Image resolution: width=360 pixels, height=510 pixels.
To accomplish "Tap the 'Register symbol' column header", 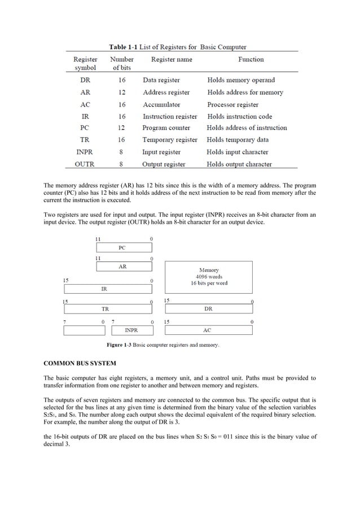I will pyautogui.click(x=85, y=63).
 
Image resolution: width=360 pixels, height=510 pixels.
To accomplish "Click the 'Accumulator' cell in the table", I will pyautogui.click(x=161, y=104).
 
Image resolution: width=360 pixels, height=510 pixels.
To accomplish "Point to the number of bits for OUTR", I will pyautogui.click(x=121, y=164).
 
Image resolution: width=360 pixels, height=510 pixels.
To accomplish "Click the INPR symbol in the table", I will pyautogui.click(x=85, y=152).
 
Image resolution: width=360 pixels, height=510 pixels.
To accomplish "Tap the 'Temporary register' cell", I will pyautogui.click(x=170, y=140).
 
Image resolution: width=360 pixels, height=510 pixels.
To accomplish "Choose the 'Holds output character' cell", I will pyautogui.click(x=239, y=164).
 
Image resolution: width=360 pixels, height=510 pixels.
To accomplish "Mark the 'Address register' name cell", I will pyautogui.click(x=166, y=93).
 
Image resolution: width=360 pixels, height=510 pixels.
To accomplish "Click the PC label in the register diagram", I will pyautogui.click(x=122, y=247).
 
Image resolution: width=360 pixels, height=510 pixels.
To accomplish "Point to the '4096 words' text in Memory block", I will pyautogui.click(x=209, y=277).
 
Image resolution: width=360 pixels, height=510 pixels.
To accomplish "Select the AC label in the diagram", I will pyautogui.click(x=207, y=330).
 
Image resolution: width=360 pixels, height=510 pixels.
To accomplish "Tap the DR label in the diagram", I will pyautogui.click(x=208, y=309).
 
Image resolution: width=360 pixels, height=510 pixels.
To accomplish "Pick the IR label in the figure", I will pyautogui.click(x=104, y=288).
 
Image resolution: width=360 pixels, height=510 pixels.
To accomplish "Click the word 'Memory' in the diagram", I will pyautogui.click(x=209, y=271).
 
